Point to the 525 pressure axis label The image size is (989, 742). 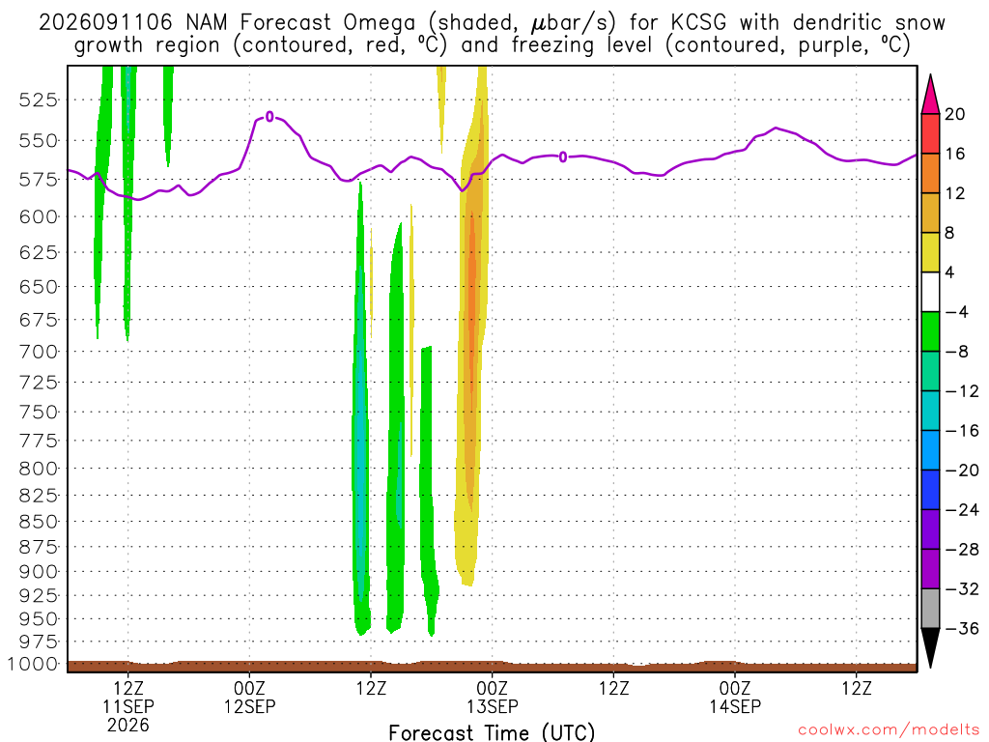tap(38, 100)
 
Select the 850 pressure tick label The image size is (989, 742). tap(38, 522)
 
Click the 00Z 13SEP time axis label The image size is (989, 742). tap(492, 697)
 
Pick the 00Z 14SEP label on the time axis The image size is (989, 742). tap(735, 697)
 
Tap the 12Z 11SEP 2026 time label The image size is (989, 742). tap(128, 706)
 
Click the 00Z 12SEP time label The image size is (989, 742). tap(250, 697)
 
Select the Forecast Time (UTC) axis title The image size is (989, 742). tap(492, 732)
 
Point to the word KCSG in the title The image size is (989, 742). tap(698, 23)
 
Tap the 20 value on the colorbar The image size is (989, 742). tap(955, 114)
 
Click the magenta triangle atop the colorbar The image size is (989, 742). tap(930, 95)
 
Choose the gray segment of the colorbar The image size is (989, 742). tap(930, 609)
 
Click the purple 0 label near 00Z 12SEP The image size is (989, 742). tap(270, 117)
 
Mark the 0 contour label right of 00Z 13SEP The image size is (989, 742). tap(563, 157)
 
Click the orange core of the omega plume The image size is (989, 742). tap(471, 302)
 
